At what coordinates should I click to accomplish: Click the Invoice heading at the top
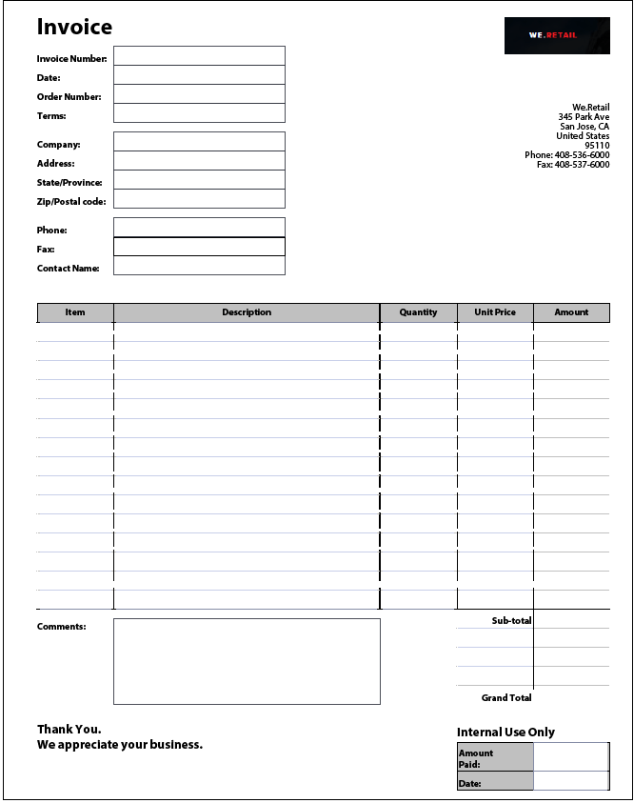74,27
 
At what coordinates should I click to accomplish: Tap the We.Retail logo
557,35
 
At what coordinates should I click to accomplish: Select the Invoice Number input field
199,56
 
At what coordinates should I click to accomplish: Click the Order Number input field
199,94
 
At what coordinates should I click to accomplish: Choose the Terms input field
199,113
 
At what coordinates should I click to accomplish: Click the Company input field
199,142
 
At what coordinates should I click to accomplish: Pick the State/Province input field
199,180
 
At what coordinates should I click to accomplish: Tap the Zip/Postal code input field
199,199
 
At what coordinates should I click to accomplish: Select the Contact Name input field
199,266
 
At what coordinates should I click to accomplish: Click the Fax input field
199,247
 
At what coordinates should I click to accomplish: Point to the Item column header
75,312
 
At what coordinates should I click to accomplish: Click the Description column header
247,312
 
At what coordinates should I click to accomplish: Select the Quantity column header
418,312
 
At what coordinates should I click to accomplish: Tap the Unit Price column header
495,312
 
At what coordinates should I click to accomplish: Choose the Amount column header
571,312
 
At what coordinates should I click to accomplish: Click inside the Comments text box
247,661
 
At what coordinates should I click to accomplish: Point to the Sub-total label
511,621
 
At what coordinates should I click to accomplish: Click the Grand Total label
506,698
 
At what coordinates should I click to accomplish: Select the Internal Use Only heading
505,733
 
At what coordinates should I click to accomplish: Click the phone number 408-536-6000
582,155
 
